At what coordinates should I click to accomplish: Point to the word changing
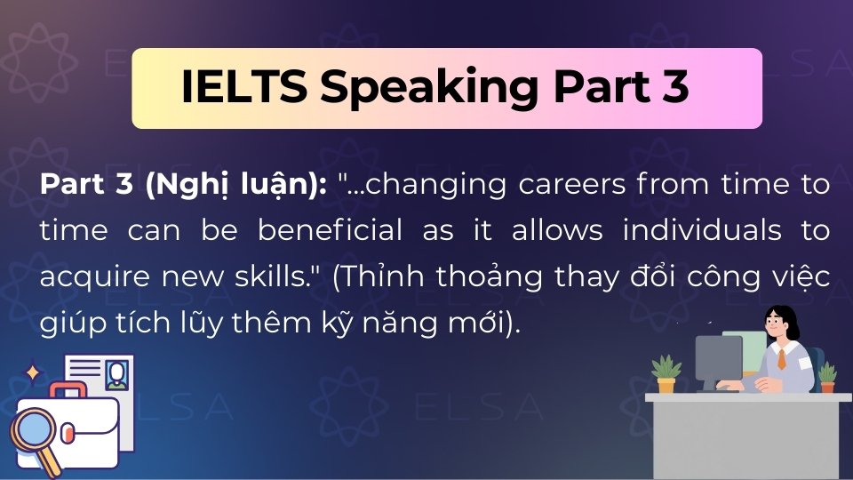(x=421, y=186)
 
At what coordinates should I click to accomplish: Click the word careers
(x=551, y=186)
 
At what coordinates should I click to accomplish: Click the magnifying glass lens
(x=34, y=431)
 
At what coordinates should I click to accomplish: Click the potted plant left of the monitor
(x=666, y=372)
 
